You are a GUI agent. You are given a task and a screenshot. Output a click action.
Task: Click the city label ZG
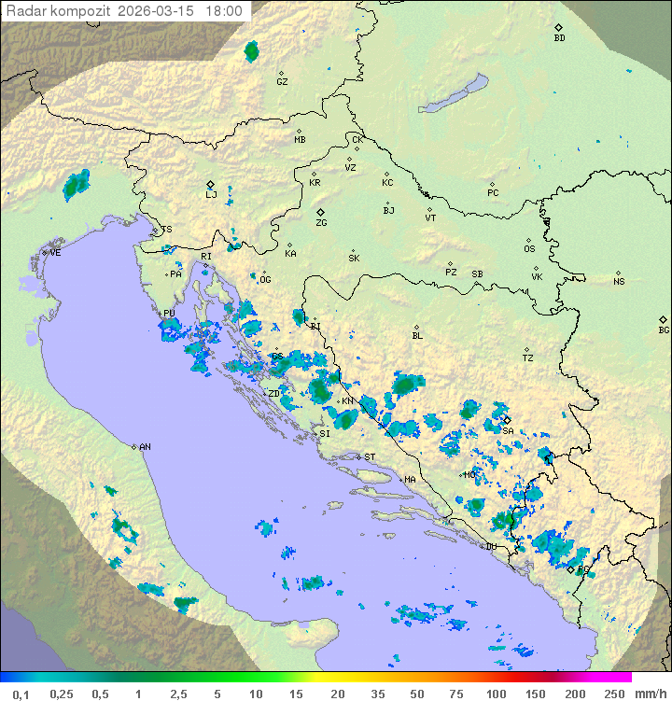pyautogui.click(x=321, y=223)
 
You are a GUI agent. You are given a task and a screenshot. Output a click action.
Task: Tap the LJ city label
pyautogui.click(x=211, y=195)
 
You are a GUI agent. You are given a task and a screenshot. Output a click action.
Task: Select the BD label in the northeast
pyautogui.click(x=559, y=38)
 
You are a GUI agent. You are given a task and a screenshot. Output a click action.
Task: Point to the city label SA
pyautogui.click(x=508, y=430)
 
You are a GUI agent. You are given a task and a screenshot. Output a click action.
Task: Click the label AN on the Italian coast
pyautogui.click(x=145, y=447)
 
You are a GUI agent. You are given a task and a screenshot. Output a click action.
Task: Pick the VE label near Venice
pyautogui.click(x=55, y=253)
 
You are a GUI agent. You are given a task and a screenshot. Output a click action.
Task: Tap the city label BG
pyautogui.click(x=664, y=329)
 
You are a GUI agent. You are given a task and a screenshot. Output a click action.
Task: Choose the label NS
pyautogui.click(x=619, y=282)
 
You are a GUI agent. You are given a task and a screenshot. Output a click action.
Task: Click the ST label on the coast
pyautogui.click(x=370, y=456)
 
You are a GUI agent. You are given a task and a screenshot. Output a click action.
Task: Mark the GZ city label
pyautogui.click(x=282, y=81)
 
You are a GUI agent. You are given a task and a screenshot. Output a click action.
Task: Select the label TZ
pyautogui.click(x=527, y=358)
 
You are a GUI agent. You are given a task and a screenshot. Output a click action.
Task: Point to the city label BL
pyautogui.click(x=417, y=335)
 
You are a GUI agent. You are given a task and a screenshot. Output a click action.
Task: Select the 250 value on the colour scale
pyautogui.click(x=614, y=694)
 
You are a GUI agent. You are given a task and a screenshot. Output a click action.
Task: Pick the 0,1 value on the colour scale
pyautogui.click(x=21, y=694)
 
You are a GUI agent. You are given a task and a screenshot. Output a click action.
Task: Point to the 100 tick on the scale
pyautogui.click(x=496, y=694)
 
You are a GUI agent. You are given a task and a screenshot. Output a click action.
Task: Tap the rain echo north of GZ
pyautogui.click(x=251, y=51)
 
